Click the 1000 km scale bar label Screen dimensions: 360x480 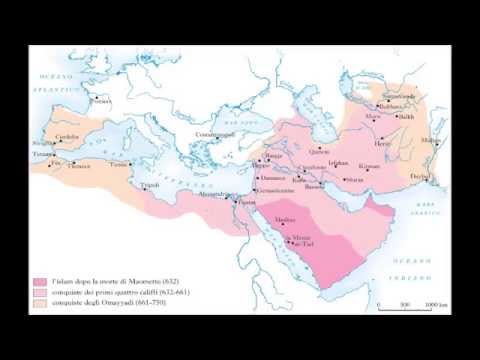point(432,304)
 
